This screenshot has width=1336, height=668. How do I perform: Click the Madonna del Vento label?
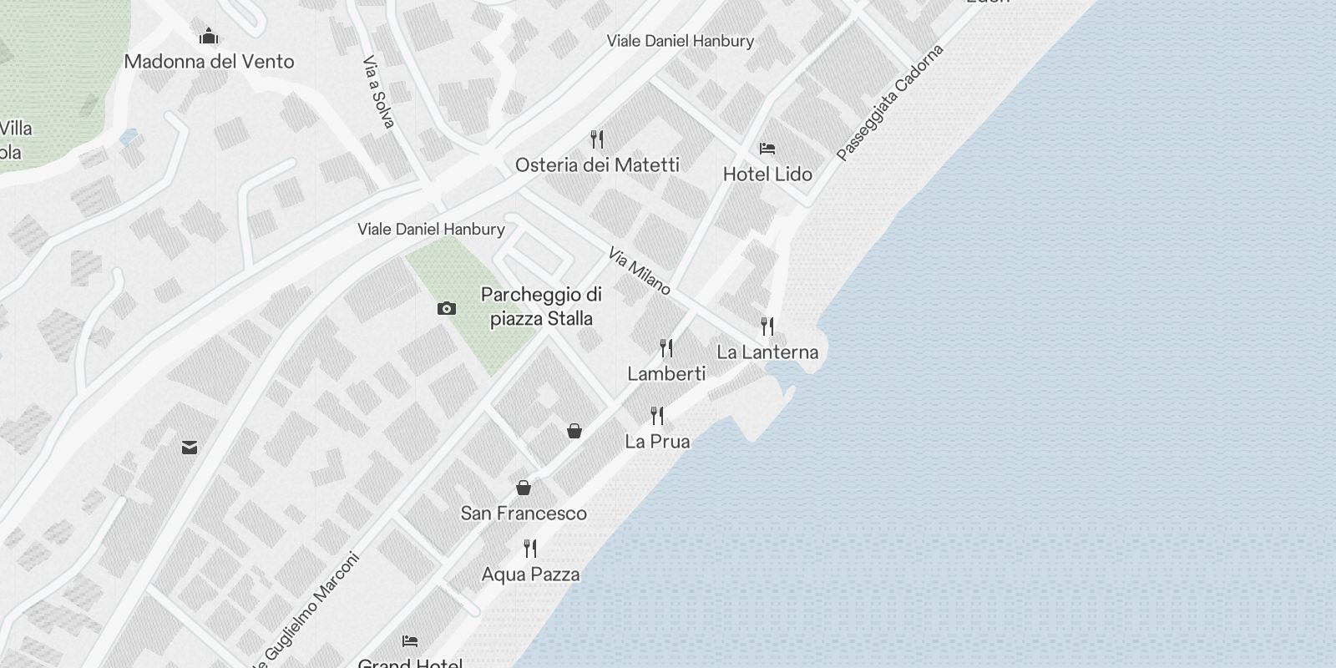click(209, 61)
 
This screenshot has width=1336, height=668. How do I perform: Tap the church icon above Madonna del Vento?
click(208, 36)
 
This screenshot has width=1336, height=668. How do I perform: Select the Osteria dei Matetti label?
click(597, 164)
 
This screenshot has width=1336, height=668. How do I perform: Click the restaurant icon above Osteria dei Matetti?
click(597, 139)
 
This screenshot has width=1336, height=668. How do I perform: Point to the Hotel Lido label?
click(767, 174)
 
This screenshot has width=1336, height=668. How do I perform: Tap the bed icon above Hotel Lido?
click(767, 149)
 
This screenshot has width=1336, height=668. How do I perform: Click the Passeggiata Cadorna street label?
click(890, 103)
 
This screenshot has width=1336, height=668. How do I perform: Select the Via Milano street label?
click(640, 271)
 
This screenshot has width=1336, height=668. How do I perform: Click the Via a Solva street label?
click(377, 92)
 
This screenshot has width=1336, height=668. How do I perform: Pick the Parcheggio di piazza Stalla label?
click(541, 306)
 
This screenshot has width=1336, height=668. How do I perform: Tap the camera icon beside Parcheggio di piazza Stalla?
click(447, 309)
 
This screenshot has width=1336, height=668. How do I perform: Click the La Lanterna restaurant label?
click(767, 352)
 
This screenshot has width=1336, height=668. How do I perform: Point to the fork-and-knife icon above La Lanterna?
click(767, 326)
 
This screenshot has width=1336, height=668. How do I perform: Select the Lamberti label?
click(666, 373)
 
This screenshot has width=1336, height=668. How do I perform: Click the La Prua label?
click(658, 441)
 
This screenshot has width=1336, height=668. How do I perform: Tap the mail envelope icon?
click(190, 448)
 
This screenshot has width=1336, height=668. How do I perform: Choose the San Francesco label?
click(524, 513)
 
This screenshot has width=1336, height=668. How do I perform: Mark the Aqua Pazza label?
click(530, 574)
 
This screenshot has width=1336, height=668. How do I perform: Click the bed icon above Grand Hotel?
click(410, 641)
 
